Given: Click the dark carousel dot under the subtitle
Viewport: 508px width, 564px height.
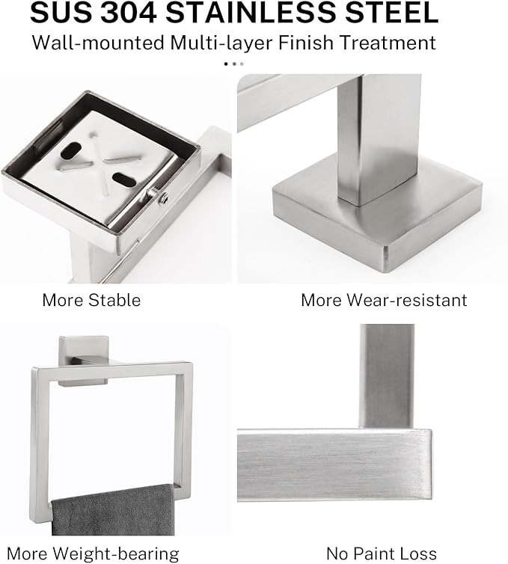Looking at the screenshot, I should pyautogui.click(x=227, y=64).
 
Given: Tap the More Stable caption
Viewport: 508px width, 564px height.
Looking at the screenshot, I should pyautogui.click(x=91, y=300).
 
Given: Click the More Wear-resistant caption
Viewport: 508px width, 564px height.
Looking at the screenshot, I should pyautogui.click(x=383, y=300).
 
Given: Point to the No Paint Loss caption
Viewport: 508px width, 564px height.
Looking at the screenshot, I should pyautogui.click(x=381, y=554).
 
